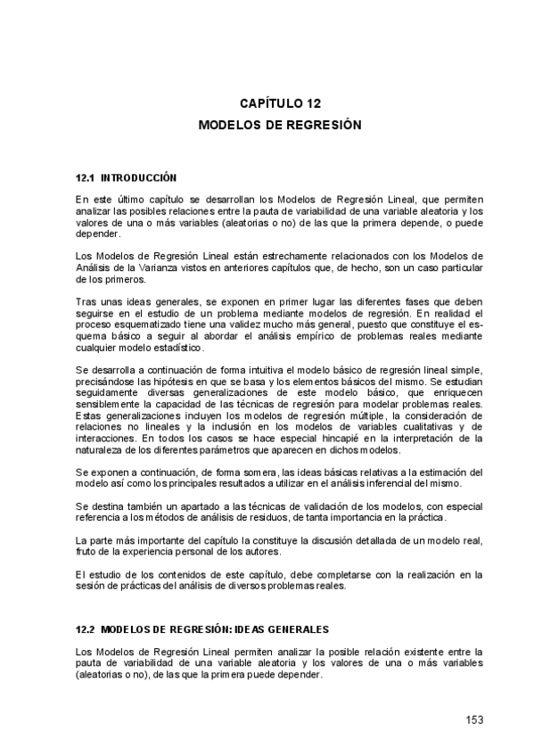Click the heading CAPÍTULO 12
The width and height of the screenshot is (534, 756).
tap(278, 103)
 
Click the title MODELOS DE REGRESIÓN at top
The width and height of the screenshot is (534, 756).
tap(279, 126)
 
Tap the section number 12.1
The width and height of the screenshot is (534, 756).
tap(85, 177)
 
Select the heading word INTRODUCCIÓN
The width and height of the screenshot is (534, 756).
tap(140, 177)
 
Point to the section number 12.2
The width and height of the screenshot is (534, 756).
tap(85, 629)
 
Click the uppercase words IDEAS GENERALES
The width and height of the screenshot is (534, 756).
tap(282, 629)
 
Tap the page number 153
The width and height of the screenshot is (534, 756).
tap(473, 719)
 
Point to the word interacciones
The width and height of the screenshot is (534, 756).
tap(104, 438)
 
